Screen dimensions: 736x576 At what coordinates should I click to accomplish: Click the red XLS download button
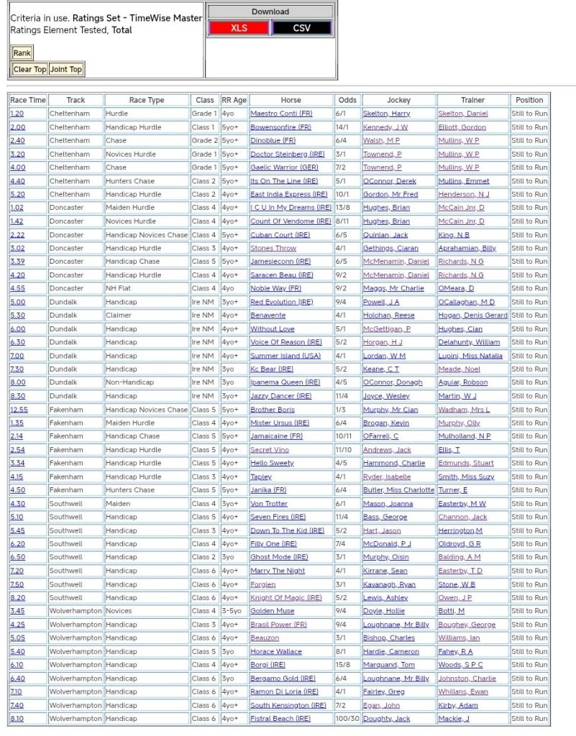click(239, 28)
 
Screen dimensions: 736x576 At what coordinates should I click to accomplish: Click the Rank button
click(22, 53)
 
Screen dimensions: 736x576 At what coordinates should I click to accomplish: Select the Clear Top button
click(29, 70)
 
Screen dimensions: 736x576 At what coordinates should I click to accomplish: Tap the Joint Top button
click(66, 70)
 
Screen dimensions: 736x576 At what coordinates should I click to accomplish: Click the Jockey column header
click(398, 100)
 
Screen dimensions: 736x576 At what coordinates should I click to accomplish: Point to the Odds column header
click(347, 100)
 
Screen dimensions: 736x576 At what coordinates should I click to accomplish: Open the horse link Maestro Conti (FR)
click(281, 114)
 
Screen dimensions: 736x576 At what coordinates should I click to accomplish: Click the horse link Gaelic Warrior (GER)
click(284, 167)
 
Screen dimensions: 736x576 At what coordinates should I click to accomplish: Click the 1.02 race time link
click(17, 208)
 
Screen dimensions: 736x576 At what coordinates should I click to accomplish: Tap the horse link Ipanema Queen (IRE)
click(285, 382)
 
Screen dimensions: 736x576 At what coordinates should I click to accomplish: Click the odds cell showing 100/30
click(347, 719)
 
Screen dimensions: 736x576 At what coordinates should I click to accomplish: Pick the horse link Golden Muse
click(272, 611)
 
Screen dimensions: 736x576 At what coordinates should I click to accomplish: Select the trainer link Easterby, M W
click(462, 504)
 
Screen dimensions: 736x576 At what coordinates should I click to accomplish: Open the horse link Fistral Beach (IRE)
click(280, 719)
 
